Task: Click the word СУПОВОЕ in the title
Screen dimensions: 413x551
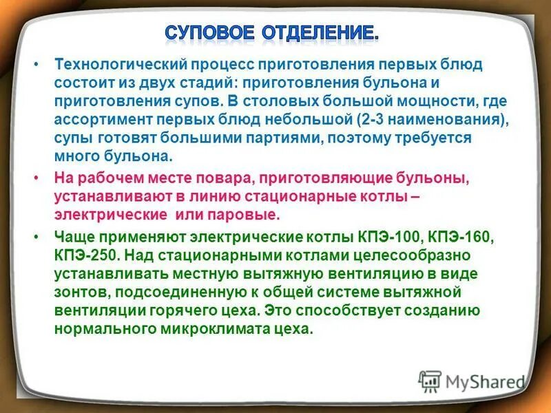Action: coord(209,32)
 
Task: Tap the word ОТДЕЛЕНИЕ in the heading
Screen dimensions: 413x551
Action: coord(318,32)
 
